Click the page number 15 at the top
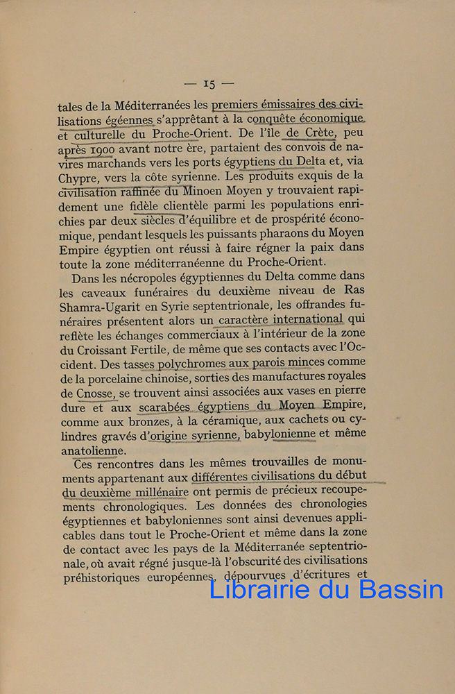pos(209,84)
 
